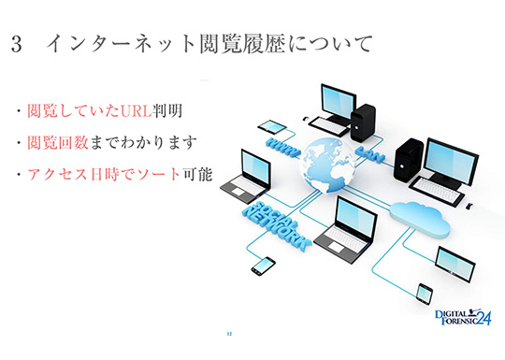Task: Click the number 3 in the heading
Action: pyautogui.click(x=17, y=44)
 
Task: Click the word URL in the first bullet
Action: pyautogui.click(x=137, y=111)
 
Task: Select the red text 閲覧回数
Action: pyautogui.click(x=58, y=143)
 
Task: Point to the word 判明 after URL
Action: pyautogui.click(x=167, y=111)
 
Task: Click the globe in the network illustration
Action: pyautogui.click(x=328, y=165)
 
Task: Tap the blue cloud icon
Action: pyautogui.click(x=420, y=220)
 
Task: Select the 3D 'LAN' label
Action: pyautogui.click(x=370, y=154)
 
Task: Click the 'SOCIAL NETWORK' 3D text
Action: pyautogui.click(x=277, y=226)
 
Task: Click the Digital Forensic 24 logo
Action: pyautogui.click(x=463, y=317)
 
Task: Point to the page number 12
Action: pyautogui.click(x=229, y=334)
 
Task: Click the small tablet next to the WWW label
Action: pyautogui.click(x=272, y=126)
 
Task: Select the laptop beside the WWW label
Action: pyautogui.click(x=245, y=176)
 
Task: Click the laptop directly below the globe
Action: pyautogui.click(x=345, y=230)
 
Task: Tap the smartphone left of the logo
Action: pyautogui.click(x=425, y=294)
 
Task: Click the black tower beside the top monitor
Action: pyautogui.click(x=363, y=122)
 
